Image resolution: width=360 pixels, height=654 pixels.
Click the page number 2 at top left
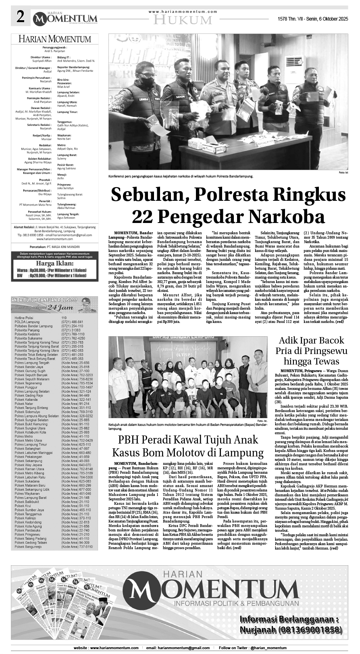21,17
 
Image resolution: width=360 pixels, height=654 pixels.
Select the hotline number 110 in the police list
64,318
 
